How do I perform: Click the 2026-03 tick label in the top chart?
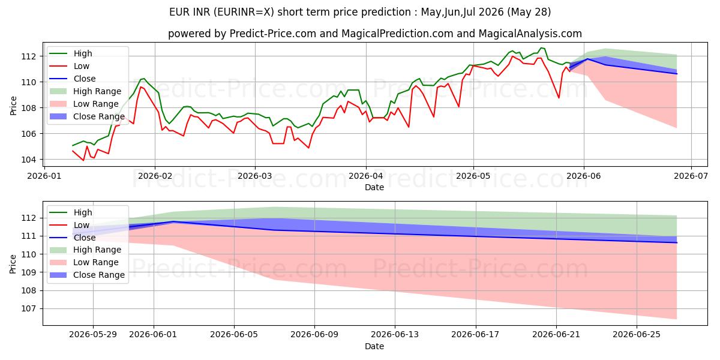(x=254, y=176)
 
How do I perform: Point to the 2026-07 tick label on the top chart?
(x=691, y=176)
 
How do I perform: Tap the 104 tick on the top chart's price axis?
(x=28, y=160)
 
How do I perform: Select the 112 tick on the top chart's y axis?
(x=28, y=56)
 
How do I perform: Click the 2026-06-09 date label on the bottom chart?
(x=314, y=335)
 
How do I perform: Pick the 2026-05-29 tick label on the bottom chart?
(x=93, y=335)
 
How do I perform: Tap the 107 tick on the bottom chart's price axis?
(x=28, y=309)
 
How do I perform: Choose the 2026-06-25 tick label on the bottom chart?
(x=637, y=335)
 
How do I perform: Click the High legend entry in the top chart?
(x=83, y=53)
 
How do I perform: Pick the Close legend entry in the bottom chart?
(x=85, y=238)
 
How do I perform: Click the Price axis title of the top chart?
(x=13, y=106)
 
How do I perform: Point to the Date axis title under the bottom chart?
(x=374, y=346)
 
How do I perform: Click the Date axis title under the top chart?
(x=374, y=187)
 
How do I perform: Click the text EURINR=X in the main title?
(x=244, y=12)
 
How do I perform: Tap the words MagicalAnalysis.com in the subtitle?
(x=530, y=34)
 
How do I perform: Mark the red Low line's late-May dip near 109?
(x=559, y=98)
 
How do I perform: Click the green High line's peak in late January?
(x=144, y=79)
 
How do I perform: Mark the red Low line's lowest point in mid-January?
(x=83, y=160)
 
